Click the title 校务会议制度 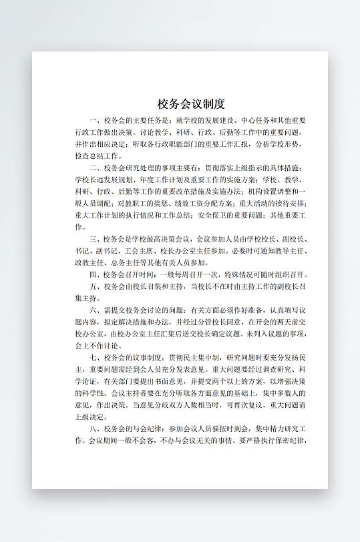[x=191, y=104]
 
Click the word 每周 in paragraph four [x=184, y=274]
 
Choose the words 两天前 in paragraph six [x=284, y=322]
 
